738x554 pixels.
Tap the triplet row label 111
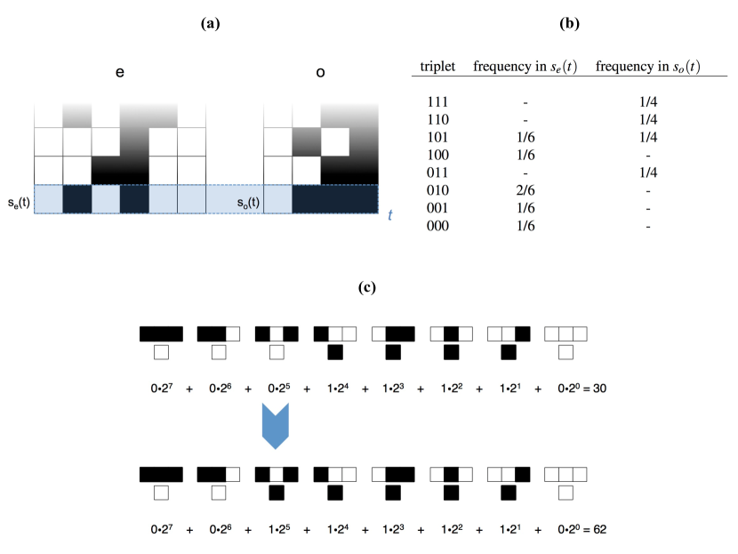437,103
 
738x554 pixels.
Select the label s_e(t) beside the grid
17,200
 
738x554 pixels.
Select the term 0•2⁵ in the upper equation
272,389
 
